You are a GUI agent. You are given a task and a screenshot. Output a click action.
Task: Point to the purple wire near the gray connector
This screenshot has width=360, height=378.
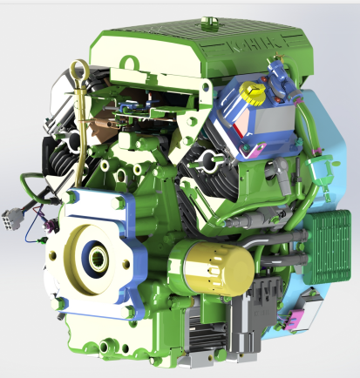[33, 232]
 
